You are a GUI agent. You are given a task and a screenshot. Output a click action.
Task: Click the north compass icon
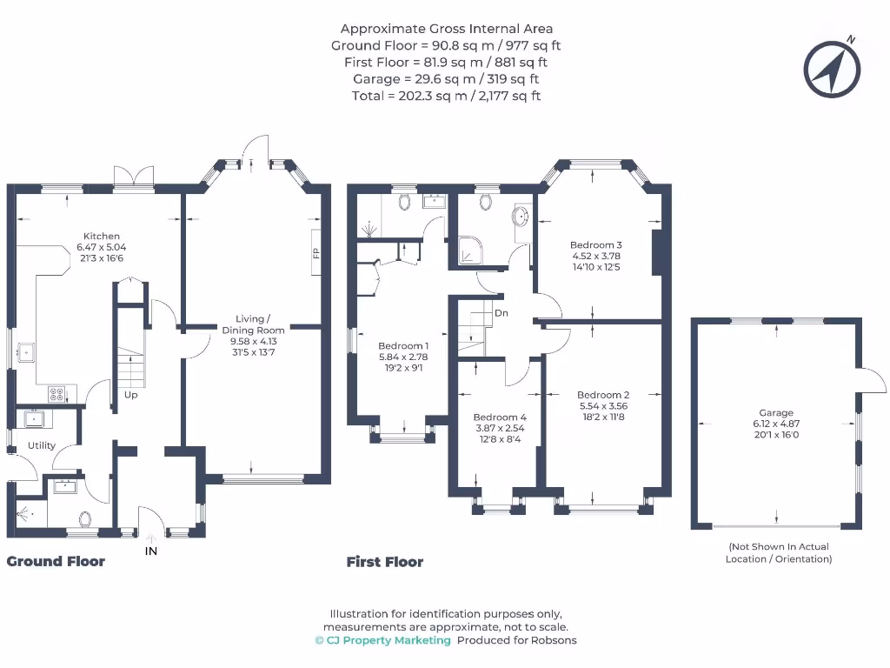click(832, 69)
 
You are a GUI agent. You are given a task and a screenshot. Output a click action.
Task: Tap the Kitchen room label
click(102, 236)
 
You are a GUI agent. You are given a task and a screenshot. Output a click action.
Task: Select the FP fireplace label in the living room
click(316, 253)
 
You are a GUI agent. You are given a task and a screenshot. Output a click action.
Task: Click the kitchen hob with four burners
click(56, 394)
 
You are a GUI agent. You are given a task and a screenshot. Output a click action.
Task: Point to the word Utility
click(42, 445)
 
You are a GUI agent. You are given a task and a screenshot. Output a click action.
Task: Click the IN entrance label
click(151, 551)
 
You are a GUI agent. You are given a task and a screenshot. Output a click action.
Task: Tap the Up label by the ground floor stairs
click(130, 395)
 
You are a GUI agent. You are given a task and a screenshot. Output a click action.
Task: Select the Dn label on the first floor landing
click(501, 313)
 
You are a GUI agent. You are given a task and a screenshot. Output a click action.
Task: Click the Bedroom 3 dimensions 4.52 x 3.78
click(596, 256)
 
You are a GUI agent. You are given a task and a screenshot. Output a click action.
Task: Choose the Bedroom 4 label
click(500, 417)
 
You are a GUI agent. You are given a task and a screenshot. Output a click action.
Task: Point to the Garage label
click(776, 413)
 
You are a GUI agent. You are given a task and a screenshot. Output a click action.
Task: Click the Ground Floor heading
click(56, 561)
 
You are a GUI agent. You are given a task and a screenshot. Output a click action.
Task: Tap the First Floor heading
click(385, 562)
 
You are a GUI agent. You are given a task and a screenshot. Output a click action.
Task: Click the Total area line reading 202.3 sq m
click(446, 96)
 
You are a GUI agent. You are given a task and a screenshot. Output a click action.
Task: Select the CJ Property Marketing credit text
click(383, 640)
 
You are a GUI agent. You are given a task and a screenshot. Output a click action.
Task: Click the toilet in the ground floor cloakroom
click(85, 519)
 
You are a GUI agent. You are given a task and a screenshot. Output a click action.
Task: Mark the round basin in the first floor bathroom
click(521, 216)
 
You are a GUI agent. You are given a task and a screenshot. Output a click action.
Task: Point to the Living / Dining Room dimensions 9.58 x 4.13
click(253, 341)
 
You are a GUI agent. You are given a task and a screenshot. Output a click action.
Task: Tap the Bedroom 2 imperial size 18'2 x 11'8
click(603, 417)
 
